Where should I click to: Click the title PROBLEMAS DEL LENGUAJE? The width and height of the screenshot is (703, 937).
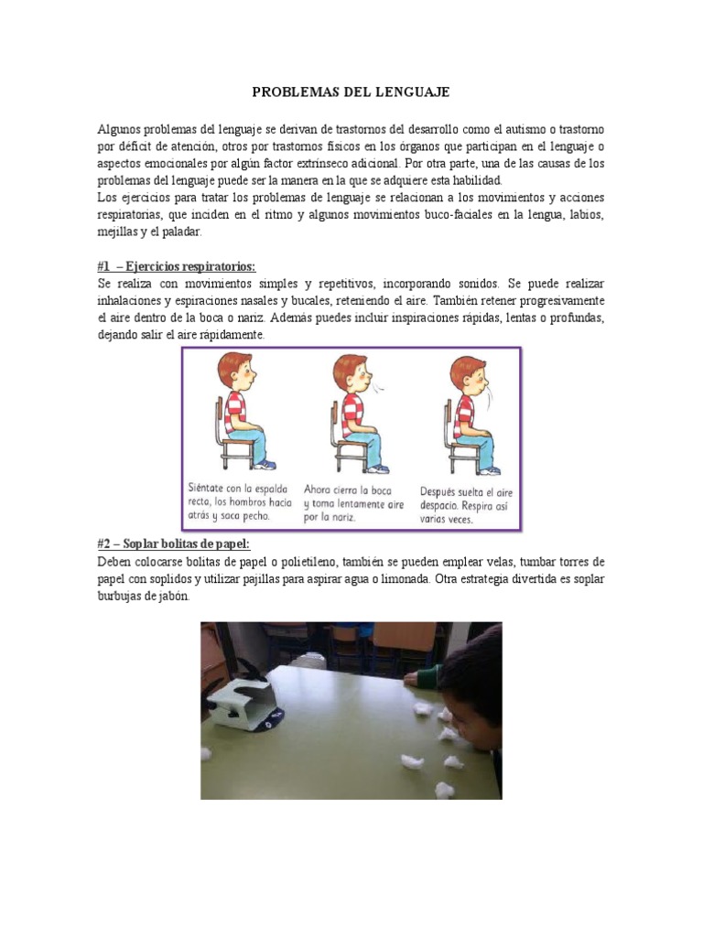pos(351,93)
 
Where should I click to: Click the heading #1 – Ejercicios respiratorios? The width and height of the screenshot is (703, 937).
pos(177,266)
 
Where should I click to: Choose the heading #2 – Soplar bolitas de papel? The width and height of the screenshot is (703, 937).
pos(173,544)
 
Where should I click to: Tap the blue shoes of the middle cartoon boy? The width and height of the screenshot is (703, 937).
pos(375,468)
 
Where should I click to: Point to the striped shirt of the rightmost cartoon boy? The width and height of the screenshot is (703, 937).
pos(465,410)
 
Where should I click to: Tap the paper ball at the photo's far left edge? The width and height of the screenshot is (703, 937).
pos(206,753)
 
